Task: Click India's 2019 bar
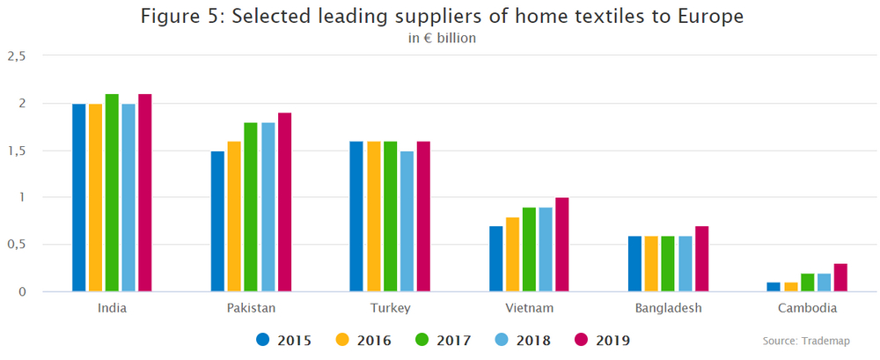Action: [145, 192]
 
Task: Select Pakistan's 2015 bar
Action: [217, 221]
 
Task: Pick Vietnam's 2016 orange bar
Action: [513, 254]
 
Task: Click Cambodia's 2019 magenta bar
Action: [840, 277]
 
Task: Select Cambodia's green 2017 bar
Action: [807, 283]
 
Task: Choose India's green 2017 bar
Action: [112, 192]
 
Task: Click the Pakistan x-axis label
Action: [251, 308]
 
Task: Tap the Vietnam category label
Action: [529, 308]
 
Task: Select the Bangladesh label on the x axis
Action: [668, 308]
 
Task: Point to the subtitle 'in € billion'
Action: [443, 39]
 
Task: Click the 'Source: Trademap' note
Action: [807, 340]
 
